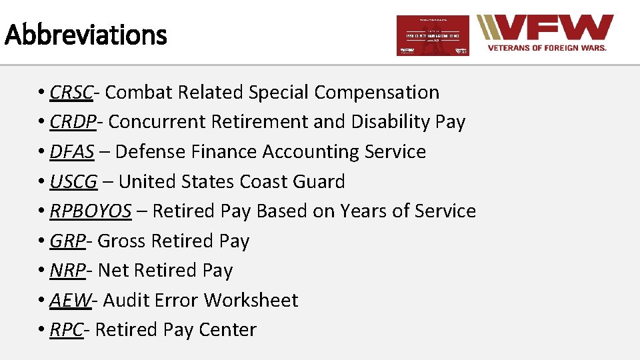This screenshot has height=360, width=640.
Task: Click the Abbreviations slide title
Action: pyautogui.click(x=85, y=34)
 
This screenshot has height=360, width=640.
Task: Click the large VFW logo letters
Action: pyautogui.click(x=553, y=29)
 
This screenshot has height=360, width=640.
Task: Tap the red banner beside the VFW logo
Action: pyautogui.click(x=433, y=35)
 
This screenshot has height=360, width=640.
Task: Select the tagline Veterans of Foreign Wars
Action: pyautogui.click(x=547, y=48)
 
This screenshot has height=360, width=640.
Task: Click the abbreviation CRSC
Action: pyautogui.click(x=71, y=93)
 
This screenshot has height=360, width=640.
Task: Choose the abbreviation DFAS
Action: pyautogui.click(x=71, y=152)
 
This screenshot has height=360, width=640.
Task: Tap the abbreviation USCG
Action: pyautogui.click(x=73, y=181)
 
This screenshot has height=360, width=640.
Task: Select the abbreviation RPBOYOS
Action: pyautogui.click(x=90, y=211)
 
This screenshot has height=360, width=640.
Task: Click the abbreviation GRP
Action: pyautogui.click(x=67, y=241)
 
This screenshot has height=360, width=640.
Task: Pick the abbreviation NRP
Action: pyautogui.click(x=67, y=271)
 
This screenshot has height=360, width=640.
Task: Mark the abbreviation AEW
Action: pyautogui.click(x=70, y=300)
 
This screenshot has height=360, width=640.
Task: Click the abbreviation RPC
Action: pyautogui.click(x=67, y=330)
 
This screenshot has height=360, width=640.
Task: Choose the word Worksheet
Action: pyautogui.click(x=251, y=300)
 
